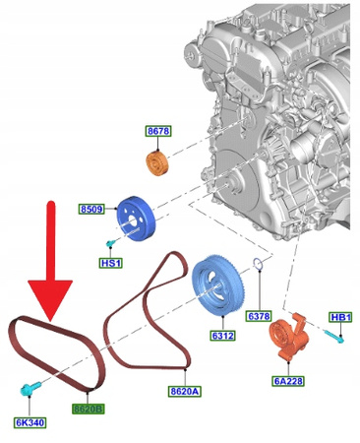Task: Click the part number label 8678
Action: (x=159, y=130)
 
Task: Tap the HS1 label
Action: (x=110, y=263)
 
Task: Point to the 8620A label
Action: (x=184, y=390)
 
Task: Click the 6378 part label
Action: (x=259, y=316)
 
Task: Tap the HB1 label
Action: (x=340, y=317)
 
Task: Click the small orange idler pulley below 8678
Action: (x=158, y=163)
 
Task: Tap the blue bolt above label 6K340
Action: (x=29, y=391)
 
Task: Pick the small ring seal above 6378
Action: (x=256, y=262)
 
